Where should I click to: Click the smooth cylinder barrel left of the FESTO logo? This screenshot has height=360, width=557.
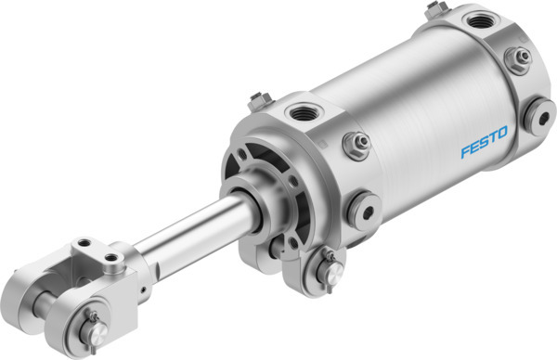coord(408,139)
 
